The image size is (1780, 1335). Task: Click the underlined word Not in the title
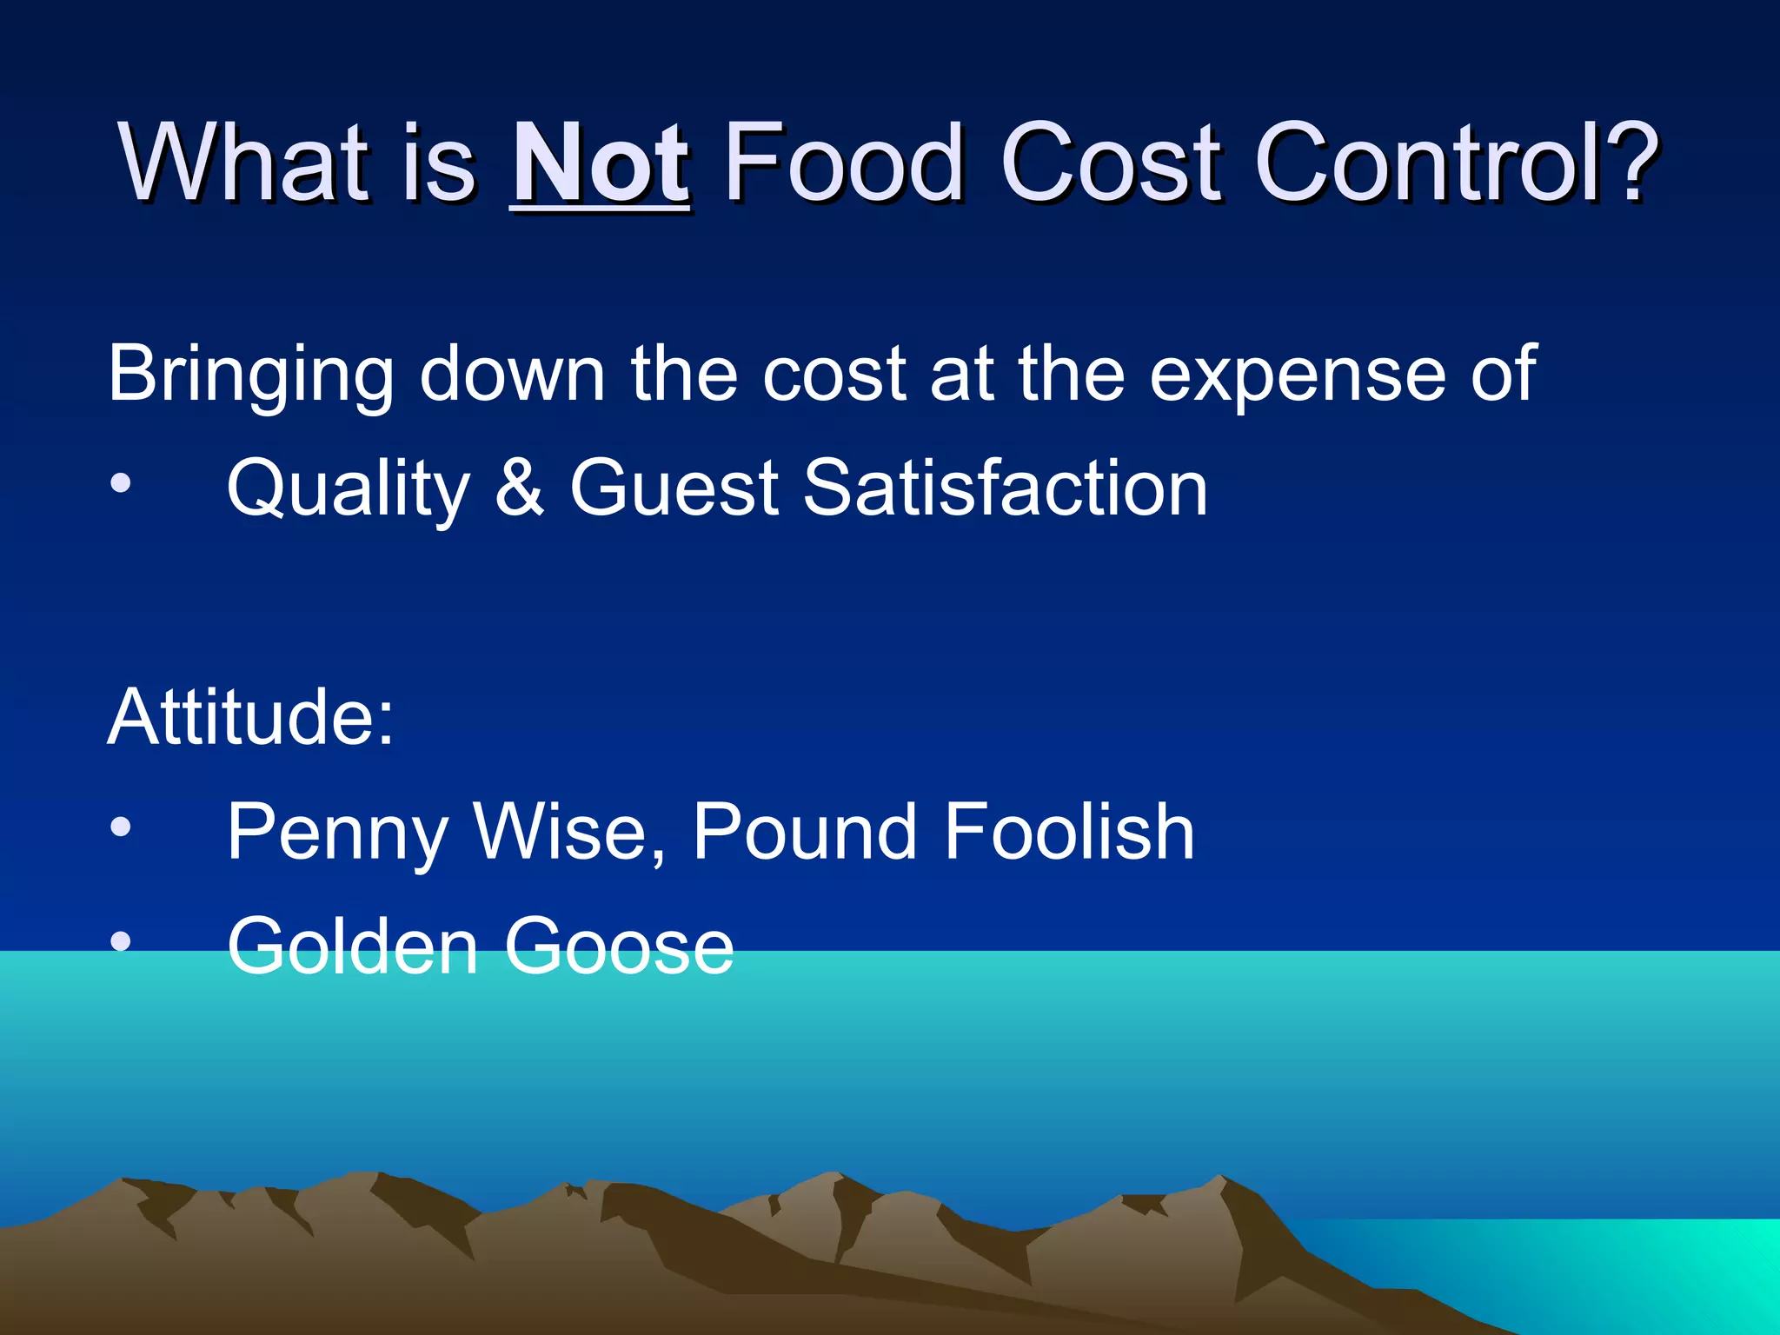[x=600, y=163]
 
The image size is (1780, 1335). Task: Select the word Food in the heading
[x=843, y=163]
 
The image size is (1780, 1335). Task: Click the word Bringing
[x=251, y=374]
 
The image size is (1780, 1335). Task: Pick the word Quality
[x=348, y=488]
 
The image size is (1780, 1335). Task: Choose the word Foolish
[x=1068, y=832]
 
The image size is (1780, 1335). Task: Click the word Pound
[x=805, y=832]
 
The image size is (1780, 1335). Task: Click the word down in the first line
[x=512, y=374]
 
